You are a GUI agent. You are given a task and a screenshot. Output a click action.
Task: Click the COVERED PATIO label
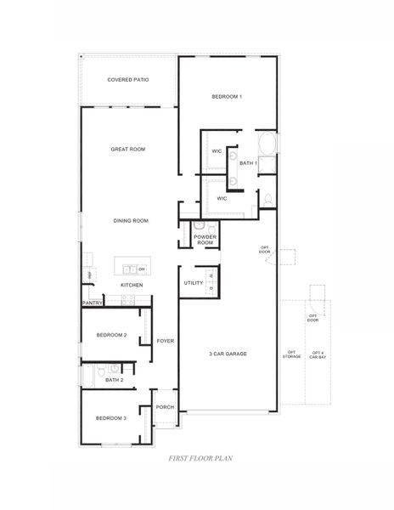(x=128, y=80)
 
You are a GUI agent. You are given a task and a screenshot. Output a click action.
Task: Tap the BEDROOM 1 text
(x=227, y=97)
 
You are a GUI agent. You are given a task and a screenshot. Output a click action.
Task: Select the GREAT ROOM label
(x=128, y=150)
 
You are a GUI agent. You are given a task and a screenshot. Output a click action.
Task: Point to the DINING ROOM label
(x=131, y=221)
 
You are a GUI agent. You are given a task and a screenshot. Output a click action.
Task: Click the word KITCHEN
(x=131, y=285)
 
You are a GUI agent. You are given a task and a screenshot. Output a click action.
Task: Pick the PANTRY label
(x=93, y=303)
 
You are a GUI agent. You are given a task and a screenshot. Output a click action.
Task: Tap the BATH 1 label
(x=248, y=162)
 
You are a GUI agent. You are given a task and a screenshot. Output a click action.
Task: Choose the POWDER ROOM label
(x=205, y=240)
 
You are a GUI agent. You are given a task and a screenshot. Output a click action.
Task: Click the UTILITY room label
(x=193, y=283)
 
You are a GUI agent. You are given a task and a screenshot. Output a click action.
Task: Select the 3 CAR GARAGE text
(x=228, y=354)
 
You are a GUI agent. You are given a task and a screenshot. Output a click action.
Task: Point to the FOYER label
(x=165, y=341)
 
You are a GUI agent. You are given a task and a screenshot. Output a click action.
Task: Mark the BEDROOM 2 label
(x=111, y=336)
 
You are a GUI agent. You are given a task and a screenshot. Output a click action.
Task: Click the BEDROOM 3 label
(x=111, y=418)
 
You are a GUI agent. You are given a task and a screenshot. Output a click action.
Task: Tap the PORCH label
(x=165, y=407)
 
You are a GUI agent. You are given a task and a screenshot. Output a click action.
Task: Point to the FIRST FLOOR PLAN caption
(x=202, y=457)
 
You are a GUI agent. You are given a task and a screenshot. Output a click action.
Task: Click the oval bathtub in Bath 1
(x=267, y=144)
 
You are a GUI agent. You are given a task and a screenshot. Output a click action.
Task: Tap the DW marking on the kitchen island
(x=142, y=269)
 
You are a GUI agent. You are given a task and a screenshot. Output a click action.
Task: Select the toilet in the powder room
(x=200, y=226)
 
